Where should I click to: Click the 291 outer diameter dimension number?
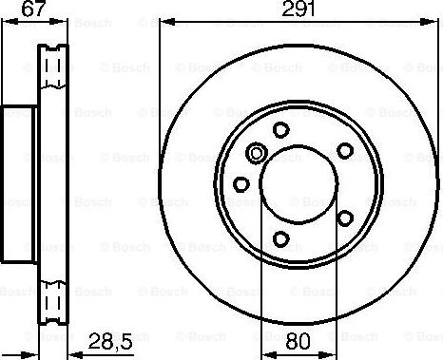297,9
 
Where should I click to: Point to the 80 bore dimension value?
297,339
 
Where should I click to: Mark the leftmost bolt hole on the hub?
241,183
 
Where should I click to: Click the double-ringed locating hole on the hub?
256,153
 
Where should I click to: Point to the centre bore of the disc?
297,183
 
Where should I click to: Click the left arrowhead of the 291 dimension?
163,22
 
